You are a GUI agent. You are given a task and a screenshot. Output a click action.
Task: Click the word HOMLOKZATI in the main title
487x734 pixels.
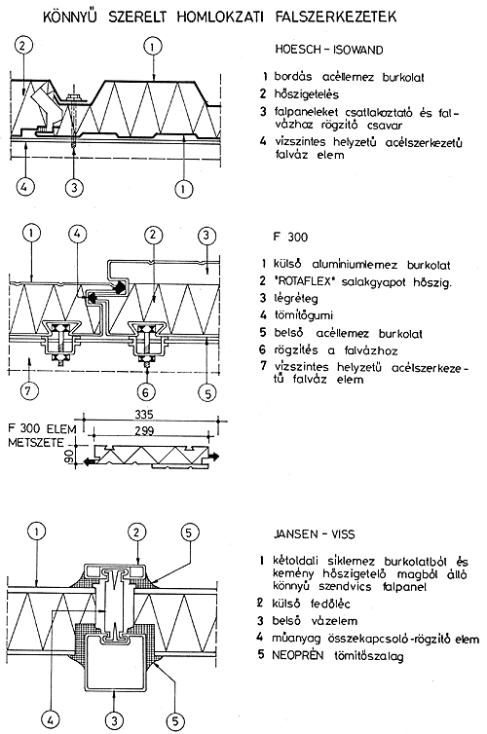[219, 18]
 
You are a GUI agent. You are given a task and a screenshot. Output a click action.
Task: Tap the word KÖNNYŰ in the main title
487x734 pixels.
[70, 17]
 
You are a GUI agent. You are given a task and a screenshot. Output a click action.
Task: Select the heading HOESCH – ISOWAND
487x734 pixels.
[329, 50]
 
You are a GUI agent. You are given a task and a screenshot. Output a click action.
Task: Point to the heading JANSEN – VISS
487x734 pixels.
[315, 534]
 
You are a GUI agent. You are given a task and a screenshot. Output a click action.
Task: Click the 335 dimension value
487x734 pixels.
[144, 415]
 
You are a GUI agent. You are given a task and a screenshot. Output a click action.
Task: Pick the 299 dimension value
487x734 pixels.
[144, 430]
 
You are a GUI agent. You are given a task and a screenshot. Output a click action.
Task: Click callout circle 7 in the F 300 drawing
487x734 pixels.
[27, 391]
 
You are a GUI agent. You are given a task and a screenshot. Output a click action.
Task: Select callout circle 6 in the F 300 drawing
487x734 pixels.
[146, 391]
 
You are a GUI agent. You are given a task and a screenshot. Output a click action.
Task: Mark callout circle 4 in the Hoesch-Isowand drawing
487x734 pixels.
[25, 188]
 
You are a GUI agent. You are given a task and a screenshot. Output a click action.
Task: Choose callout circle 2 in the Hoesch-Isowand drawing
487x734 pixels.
[23, 46]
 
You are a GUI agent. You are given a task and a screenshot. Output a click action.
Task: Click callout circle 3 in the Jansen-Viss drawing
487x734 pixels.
[113, 720]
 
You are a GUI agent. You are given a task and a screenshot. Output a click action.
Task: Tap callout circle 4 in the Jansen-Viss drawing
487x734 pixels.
[50, 720]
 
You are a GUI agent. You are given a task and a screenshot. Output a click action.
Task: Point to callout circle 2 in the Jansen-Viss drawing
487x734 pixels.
[136, 532]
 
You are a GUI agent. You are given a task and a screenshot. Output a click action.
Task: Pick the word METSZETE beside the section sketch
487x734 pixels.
[36, 442]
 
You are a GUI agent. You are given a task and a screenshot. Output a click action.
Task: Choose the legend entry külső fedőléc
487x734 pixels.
[311, 604]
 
